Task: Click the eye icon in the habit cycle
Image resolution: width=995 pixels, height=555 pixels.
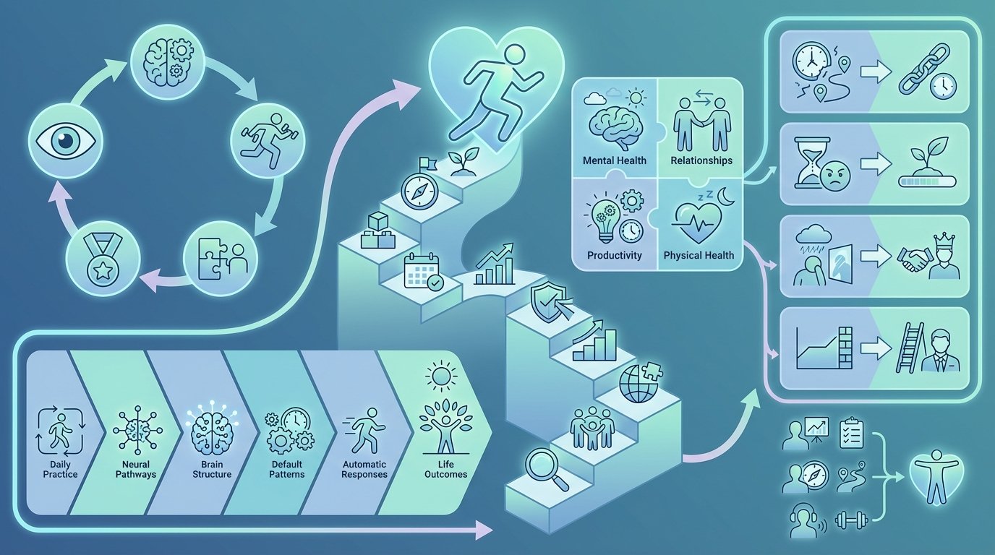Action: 65,140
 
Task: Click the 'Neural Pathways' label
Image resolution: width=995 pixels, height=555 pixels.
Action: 136,469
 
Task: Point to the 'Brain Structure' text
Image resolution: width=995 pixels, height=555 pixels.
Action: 212,469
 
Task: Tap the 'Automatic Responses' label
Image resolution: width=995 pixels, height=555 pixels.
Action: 362,469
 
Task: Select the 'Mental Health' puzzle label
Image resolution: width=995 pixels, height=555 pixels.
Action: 615,160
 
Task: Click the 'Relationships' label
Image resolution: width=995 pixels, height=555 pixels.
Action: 700,160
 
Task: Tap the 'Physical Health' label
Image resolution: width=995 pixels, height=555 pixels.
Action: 699,255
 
